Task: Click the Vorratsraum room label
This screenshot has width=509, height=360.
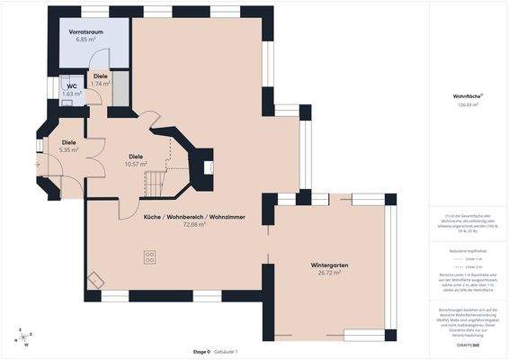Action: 85,31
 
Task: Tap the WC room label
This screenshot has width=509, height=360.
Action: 72,86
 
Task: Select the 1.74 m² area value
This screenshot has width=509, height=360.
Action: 101,84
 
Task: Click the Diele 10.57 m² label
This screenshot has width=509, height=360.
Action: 136,158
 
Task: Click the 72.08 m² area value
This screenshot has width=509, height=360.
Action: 193,224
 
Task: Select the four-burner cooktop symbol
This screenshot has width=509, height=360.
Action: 148,259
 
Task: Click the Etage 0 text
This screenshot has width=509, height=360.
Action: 201,352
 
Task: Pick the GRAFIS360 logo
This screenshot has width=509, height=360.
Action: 466,346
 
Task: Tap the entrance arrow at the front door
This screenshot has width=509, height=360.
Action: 37,165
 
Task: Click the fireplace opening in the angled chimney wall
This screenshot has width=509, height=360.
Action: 207,166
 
